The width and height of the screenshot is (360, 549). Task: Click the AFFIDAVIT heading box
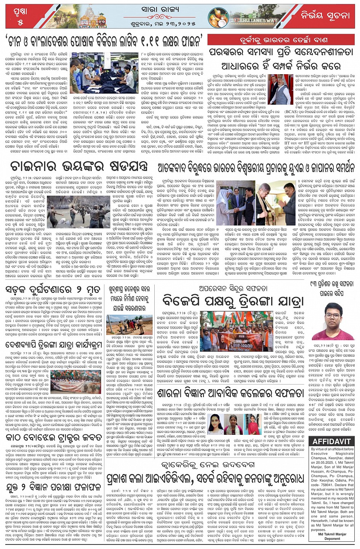pos(332,442)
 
